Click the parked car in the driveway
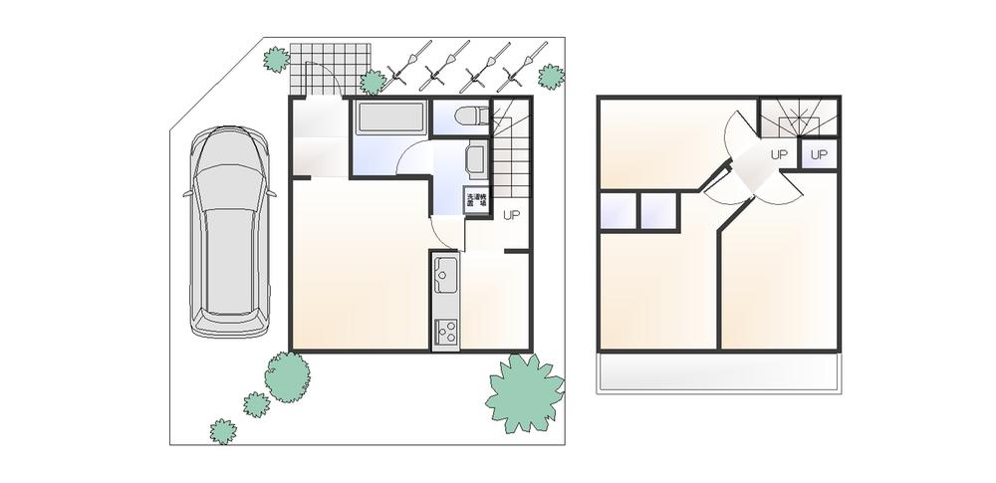[230, 233]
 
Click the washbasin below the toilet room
[475, 159]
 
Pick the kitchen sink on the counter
[444, 271]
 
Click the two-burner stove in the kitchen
[444, 330]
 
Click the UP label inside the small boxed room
[820, 155]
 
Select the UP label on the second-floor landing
[779, 155]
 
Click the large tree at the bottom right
[524, 392]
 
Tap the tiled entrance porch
[330, 65]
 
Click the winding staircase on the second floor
[798, 120]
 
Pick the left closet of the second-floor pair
[618, 211]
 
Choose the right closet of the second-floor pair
[657, 211]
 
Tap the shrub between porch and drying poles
[373, 82]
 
